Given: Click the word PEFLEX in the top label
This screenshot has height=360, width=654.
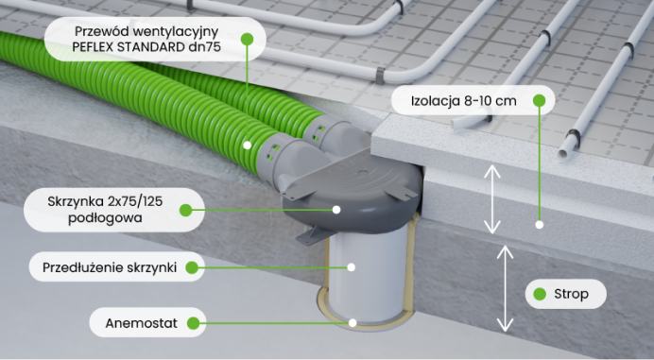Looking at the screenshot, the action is [x=93, y=46].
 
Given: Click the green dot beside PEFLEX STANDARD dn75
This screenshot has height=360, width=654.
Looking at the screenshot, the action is [x=247, y=39].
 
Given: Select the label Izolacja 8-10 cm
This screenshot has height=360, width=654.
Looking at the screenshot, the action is [x=464, y=101].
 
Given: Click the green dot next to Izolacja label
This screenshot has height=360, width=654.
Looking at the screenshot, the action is [x=540, y=100].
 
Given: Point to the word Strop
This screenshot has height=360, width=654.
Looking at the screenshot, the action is [x=572, y=294].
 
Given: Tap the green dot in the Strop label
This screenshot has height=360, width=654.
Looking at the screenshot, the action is [x=540, y=294].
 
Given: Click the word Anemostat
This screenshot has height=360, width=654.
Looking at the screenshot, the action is [x=142, y=323].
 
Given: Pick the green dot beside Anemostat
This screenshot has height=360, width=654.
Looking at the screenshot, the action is [x=193, y=323].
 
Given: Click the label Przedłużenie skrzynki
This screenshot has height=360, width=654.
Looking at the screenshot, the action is [x=110, y=267].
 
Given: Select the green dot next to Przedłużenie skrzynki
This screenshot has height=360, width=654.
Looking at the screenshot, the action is [x=192, y=267].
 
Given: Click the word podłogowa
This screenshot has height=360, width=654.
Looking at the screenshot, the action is [x=105, y=217].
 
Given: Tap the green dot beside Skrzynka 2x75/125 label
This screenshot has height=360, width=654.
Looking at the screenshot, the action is [x=185, y=210].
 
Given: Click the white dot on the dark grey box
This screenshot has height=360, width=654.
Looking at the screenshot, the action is [x=336, y=210].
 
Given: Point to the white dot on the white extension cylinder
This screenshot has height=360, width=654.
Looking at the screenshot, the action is [x=352, y=267].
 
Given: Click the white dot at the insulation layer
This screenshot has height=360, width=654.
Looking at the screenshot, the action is [x=540, y=225].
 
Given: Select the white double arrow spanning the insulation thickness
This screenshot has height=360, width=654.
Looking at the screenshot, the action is [x=492, y=199].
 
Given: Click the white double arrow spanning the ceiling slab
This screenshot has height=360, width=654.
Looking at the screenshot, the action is [x=505, y=288].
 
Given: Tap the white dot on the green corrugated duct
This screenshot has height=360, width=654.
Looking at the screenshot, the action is [x=248, y=146].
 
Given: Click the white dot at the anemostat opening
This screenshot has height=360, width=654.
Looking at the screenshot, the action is [x=353, y=322].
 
